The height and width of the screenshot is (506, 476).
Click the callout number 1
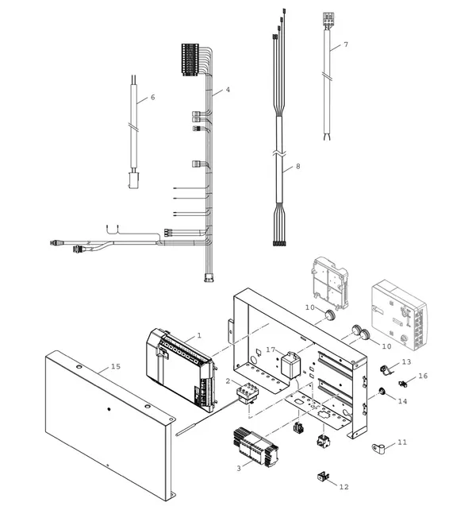click(x=199, y=335)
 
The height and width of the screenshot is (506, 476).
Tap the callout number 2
click(x=228, y=381)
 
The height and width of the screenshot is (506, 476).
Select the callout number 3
click(x=239, y=468)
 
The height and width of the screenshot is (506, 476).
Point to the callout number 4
click(x=228, y=90)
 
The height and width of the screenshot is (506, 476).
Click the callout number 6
click(x=153, y=97)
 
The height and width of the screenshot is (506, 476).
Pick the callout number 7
click(x=346, y=44)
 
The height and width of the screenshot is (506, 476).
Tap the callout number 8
click(x=297, y=166)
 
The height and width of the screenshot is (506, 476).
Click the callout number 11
click(x=402, y=442)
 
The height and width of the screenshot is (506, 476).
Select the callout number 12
click(x=344, y=487)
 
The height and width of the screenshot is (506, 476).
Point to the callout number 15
click(x=116, y=366)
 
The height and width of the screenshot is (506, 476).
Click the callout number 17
click(x=271, y=350)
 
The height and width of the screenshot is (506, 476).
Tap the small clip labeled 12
click(x=323, y=477)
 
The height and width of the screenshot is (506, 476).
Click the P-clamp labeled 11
click(x=378, y=448)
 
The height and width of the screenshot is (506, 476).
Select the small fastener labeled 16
click(x=402, y=384)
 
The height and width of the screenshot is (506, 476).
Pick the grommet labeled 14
click(x=382, y=392)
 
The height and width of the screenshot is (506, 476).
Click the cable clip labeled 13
click(x=386, y=370)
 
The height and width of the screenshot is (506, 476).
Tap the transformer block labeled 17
click(x=290, y=365)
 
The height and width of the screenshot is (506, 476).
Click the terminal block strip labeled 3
click(x=255, y=447)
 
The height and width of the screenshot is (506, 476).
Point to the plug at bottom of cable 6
click(x=133, y=180)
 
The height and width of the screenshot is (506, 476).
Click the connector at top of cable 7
click(x=328, y=18)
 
